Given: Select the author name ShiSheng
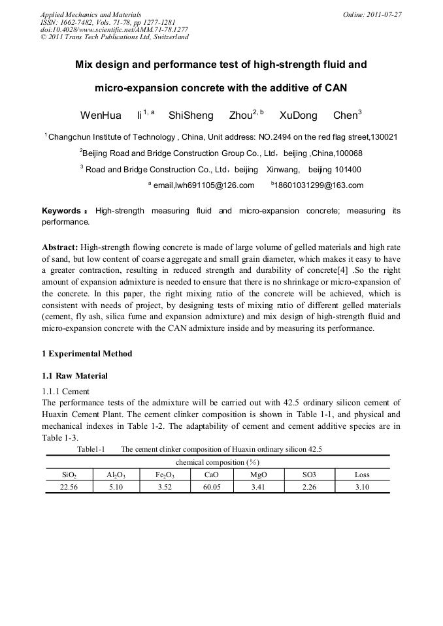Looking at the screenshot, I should [191, 116].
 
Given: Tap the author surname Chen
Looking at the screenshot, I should [345, 116].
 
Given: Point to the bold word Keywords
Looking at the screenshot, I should [61, 211].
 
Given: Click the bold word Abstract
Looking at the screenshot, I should [59, 247].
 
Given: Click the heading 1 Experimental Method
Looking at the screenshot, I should [87, 354].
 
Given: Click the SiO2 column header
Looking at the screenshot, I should [69, 475].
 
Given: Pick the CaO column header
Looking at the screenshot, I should [212, 475].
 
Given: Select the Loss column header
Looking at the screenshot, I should [362, 475].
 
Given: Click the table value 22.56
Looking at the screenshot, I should [69, 486].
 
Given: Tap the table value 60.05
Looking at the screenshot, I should [212, 486].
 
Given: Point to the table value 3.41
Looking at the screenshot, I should [259, 486].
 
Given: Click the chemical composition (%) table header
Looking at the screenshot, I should [218, 462].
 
